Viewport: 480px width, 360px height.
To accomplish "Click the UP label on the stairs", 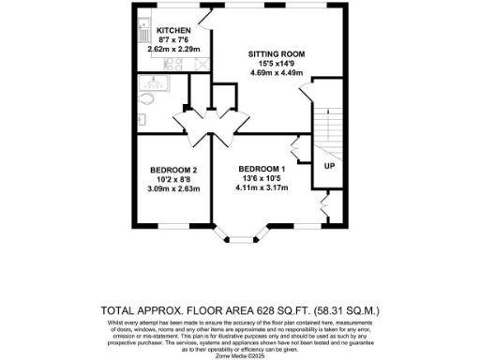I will coord(329,166).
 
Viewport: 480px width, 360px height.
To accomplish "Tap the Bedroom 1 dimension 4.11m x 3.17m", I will coord(260,186).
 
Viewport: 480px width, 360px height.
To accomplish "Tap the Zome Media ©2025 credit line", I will coord(240,355).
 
